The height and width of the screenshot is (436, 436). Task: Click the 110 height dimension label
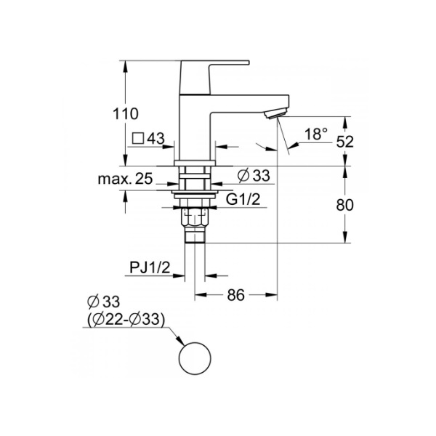coord(126,114)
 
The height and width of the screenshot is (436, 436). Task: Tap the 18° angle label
coord(316,134)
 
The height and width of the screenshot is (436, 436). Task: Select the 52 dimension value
coord(344,142)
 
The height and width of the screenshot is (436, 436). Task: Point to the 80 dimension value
coord(344,205)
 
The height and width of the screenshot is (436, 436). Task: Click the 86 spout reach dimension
coord(235,295)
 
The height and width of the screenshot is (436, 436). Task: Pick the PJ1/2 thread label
coord(150,267)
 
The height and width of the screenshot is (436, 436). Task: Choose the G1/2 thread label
coord(243,199)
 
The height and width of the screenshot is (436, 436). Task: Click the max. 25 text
coord(125,179)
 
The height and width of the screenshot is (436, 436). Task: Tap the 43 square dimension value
coord(156,138)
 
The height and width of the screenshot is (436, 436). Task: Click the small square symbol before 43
coord(138,138)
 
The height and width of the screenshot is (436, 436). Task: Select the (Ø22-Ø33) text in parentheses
coord(126,319)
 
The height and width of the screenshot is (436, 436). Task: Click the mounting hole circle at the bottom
coord(195,342)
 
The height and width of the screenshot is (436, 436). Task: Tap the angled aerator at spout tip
coord(275,114)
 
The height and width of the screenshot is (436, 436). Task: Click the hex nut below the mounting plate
coord(195,217)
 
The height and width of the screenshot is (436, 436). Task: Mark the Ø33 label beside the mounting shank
coord(254,176)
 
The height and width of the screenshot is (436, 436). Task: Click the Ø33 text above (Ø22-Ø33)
coord(103,302)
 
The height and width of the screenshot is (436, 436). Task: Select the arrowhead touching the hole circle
coord(179,341)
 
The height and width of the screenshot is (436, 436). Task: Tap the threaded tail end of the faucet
coord(195,235)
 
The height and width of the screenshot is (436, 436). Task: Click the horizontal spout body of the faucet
coord(250,103)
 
